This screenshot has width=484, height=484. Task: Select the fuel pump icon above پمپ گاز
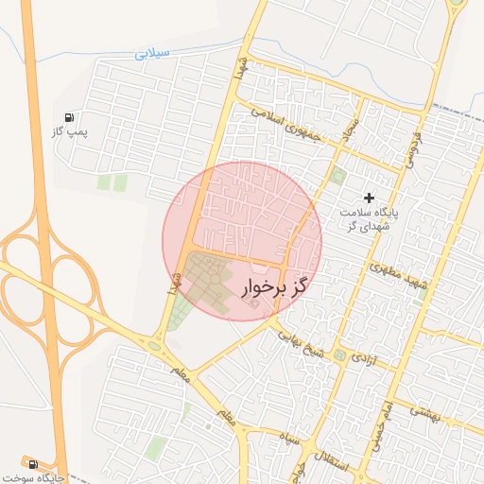tap(70, 115)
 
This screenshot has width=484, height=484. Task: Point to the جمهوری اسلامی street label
tap(287, 124)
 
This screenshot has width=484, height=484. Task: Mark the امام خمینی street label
tap(384, 424)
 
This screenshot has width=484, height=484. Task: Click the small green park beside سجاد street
tap(338, 175)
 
